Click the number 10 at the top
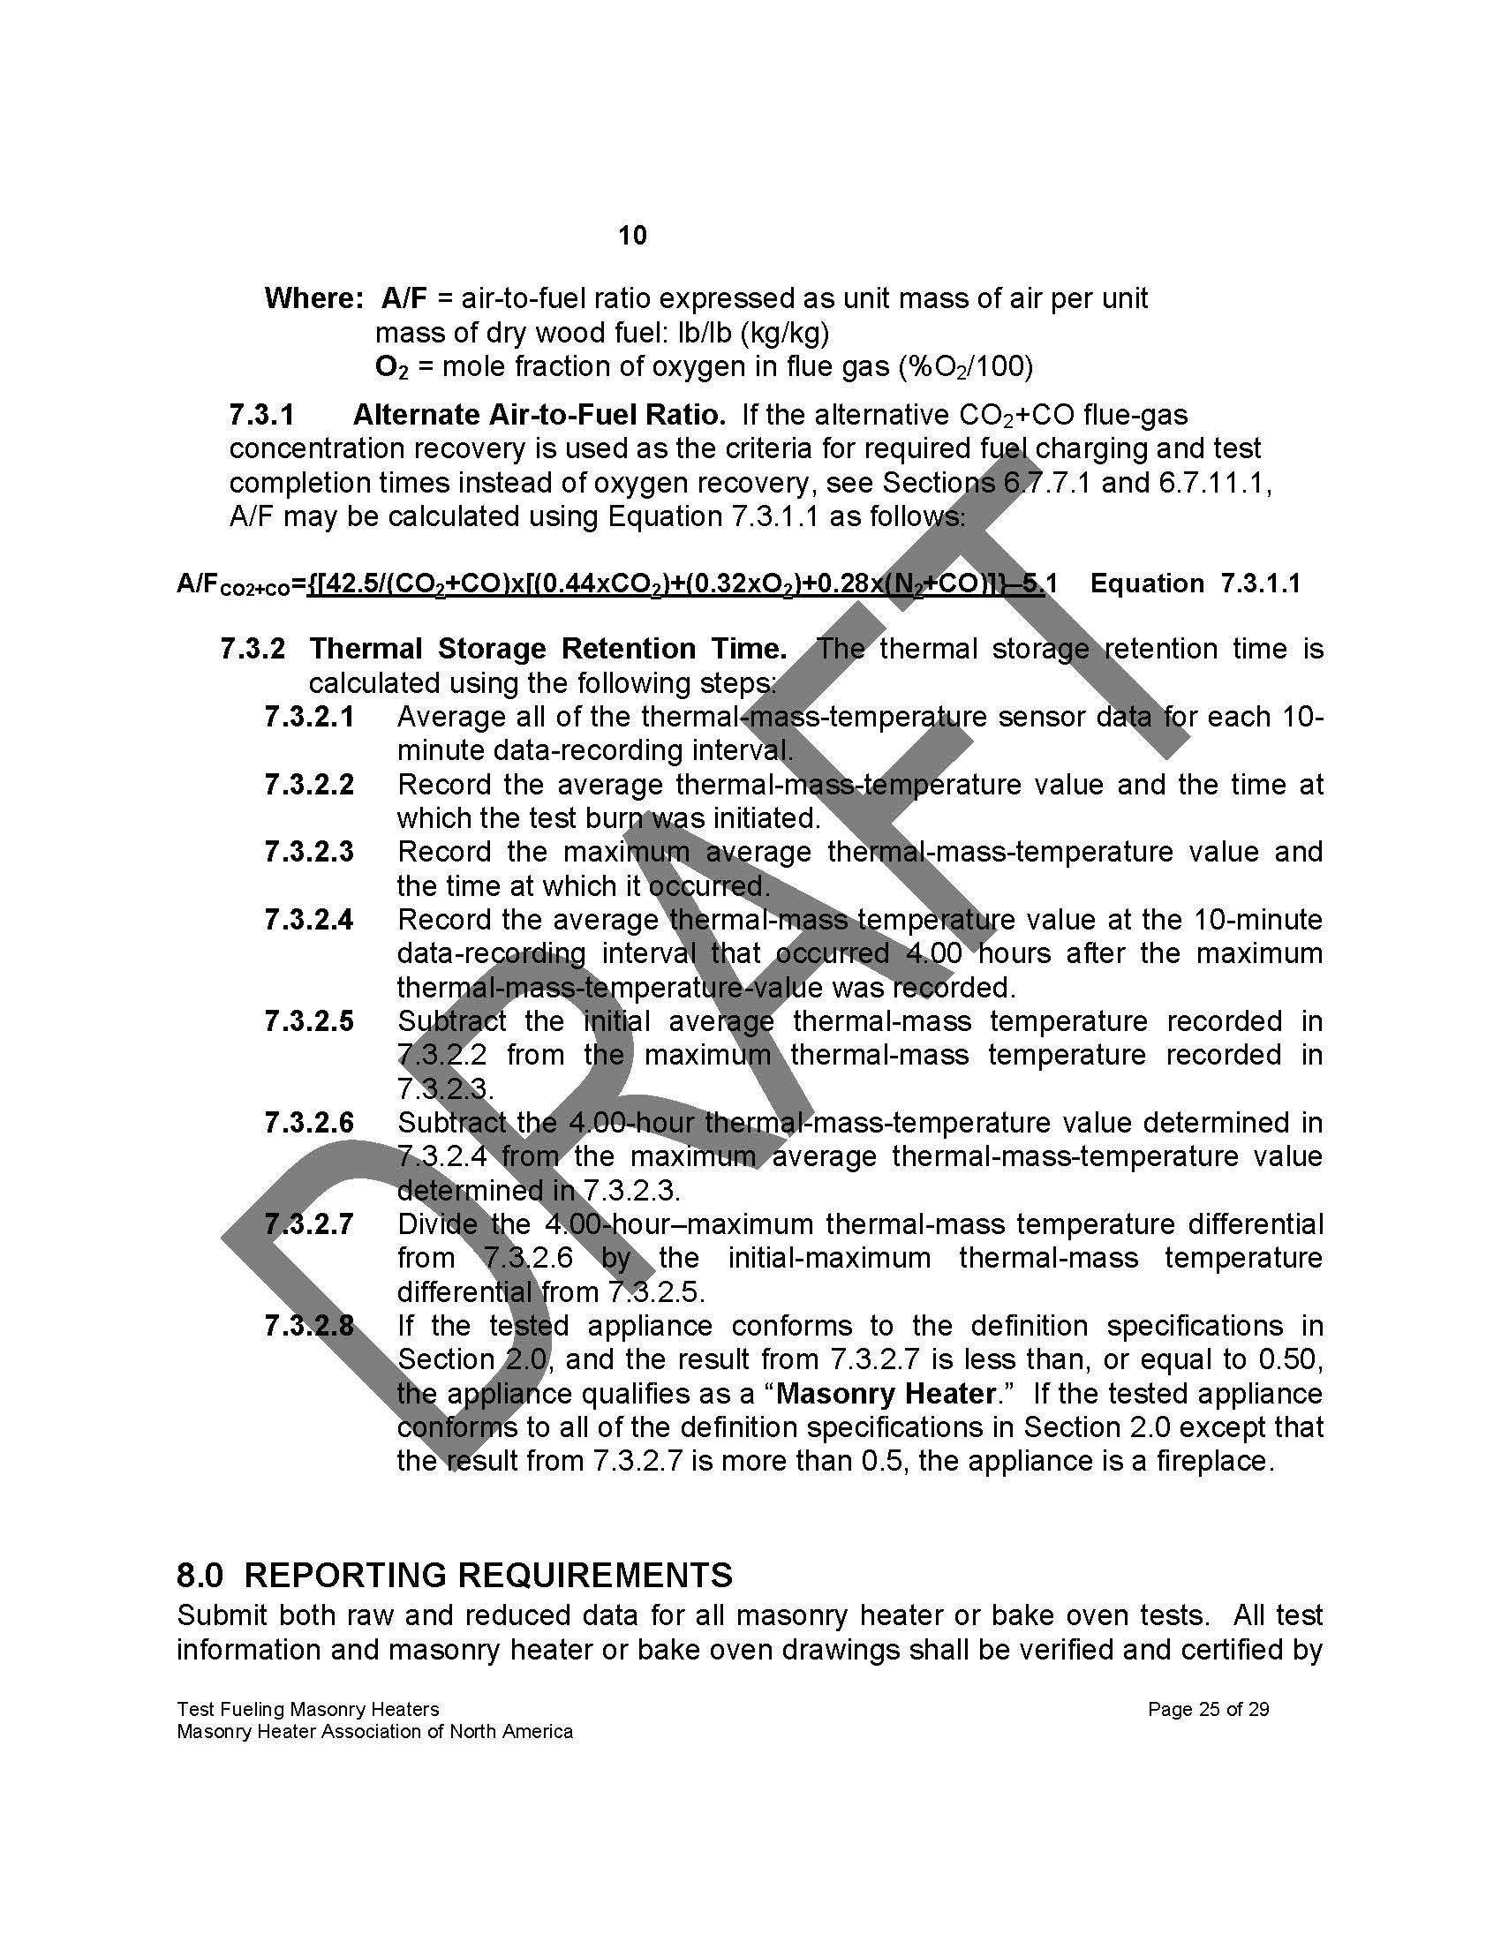pyautogui.click(x=632, y=236)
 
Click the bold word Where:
pyautogui.click(x=314, y=297)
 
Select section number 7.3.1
pyautogui.click(x=261, y=414)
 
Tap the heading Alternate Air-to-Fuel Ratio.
pyautogui.click(x=539, y=414)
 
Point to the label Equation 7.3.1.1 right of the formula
pyautogui.click(x=1196, y=583)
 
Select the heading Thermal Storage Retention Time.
pyautogui.click(x=547, y=648)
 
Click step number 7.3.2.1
pyautogui.click(x=308, y=716)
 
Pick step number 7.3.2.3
pyautogui.click(x=308, y=851)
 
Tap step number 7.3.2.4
pyautogui.click(x=308, y=919)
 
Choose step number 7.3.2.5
pyautogui.click(x=308, y=1020)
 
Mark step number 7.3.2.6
pyautogui.click(x=308, y=1122)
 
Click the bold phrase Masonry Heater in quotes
pyautogui.click(x=885, y=1392)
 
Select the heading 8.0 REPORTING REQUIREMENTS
pyautogui.click(x=455, y=1575)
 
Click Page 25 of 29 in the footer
pyautogui.click(x=1209, y=1708)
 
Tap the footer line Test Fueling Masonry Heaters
pyautogui.click(x=307, y=1708)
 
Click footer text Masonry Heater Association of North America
pyautogui.click(x=374, y=1731)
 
